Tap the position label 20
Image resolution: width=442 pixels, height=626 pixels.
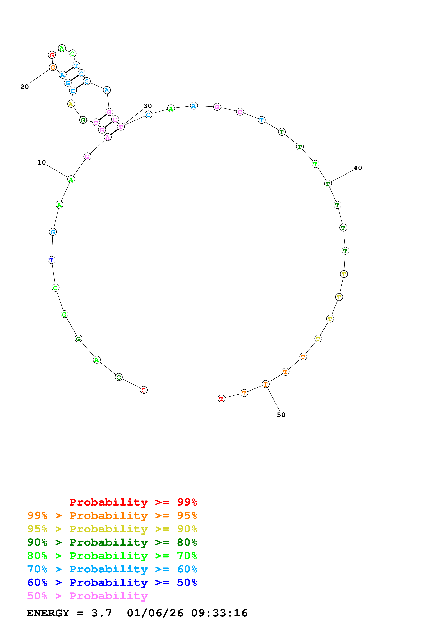pyautogui.click(x=24, y=87)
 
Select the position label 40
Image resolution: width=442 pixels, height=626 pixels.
pyautogui.click(x=358, y=168)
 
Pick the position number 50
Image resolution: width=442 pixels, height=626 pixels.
pyautogui.click(x=281, y=415)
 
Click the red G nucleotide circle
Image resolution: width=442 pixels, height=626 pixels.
pyautogui.click(x=52, y=55)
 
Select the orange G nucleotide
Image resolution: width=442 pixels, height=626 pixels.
pyautogui.click(x=53, y=67)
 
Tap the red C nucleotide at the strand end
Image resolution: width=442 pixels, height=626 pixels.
pyautogui.click(x=144, y=390)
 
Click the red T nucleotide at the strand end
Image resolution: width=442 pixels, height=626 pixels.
pyautogui.click(x=221, y=399)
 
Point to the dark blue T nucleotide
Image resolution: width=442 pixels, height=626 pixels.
pyautogui.click(x=52, y=260)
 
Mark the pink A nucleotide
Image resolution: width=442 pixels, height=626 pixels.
pyautogui.click(x=108, y=137)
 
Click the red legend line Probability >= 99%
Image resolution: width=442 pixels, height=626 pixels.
pyautogui.click(x=133, y=502)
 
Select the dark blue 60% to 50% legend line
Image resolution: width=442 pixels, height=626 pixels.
pyautogui.click(x=112, y=582)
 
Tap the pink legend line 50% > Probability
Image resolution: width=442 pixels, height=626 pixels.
pyautogui.click(x=87, y=596)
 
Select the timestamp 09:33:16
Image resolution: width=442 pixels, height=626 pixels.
pyautogui.click(x=219, y=613)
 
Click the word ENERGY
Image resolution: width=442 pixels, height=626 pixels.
pyautogui.click(x=48, y=613)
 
